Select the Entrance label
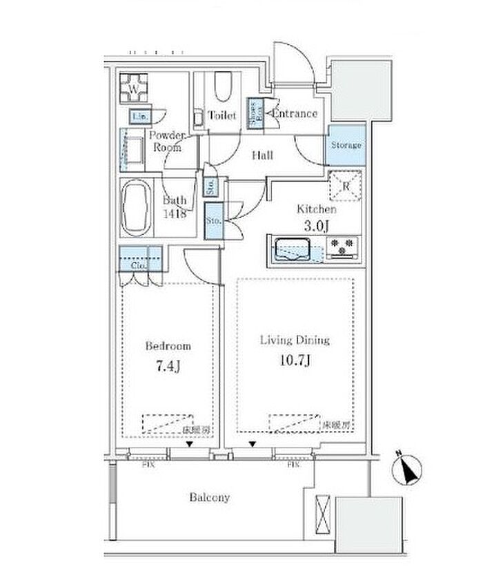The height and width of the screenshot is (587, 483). click(295, 114)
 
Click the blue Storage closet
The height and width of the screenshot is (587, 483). click(344, 147)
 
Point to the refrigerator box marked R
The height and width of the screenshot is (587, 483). click(344, 185)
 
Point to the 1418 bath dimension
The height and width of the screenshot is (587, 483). click(175, 213)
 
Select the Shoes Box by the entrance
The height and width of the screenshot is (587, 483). click(255, 113)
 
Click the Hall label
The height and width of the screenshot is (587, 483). click(262, 156)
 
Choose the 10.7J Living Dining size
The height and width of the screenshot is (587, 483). click(295, 359)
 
